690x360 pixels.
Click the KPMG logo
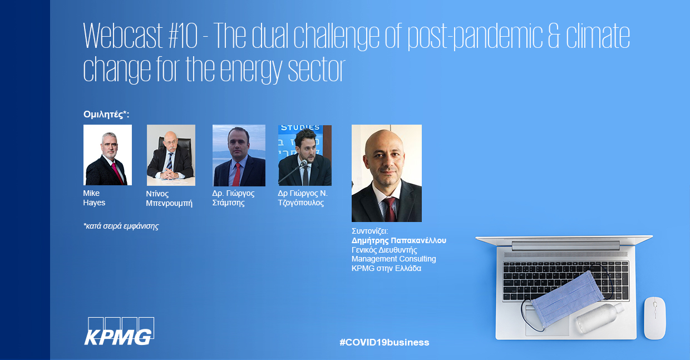119,332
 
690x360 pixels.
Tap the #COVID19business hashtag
384,342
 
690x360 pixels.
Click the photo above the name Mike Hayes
107,155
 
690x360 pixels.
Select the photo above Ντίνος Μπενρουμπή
171,155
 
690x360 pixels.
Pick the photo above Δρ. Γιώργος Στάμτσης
239,155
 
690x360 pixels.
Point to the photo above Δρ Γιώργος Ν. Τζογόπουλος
305,155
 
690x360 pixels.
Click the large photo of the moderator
387,173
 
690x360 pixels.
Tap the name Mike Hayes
94,198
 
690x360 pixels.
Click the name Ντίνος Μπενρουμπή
169,199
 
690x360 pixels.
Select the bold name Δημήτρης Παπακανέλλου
399,240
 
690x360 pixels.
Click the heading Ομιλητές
106,115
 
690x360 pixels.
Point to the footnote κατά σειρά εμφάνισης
121,226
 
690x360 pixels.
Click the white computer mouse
654,318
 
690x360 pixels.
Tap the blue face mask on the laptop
567,299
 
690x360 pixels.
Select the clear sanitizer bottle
599,317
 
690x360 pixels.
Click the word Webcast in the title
123,36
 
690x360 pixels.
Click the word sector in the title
317,70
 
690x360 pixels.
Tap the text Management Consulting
393,259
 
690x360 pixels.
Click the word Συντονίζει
369,231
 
